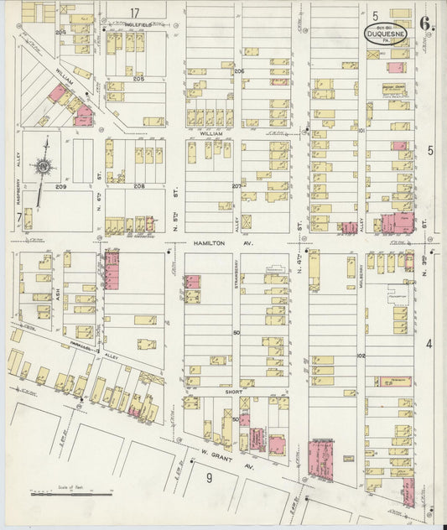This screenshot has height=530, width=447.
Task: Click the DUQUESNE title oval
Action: pos(386,34)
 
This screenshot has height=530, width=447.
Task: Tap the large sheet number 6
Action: pos(427,23)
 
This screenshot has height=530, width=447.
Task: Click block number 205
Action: pos(138,78)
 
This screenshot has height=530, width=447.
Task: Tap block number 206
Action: pos(238,72)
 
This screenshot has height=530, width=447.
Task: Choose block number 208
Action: pos(138,185)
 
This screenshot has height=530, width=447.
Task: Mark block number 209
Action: pos(60,185)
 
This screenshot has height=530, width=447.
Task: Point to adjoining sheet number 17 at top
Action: pos(134,12)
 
